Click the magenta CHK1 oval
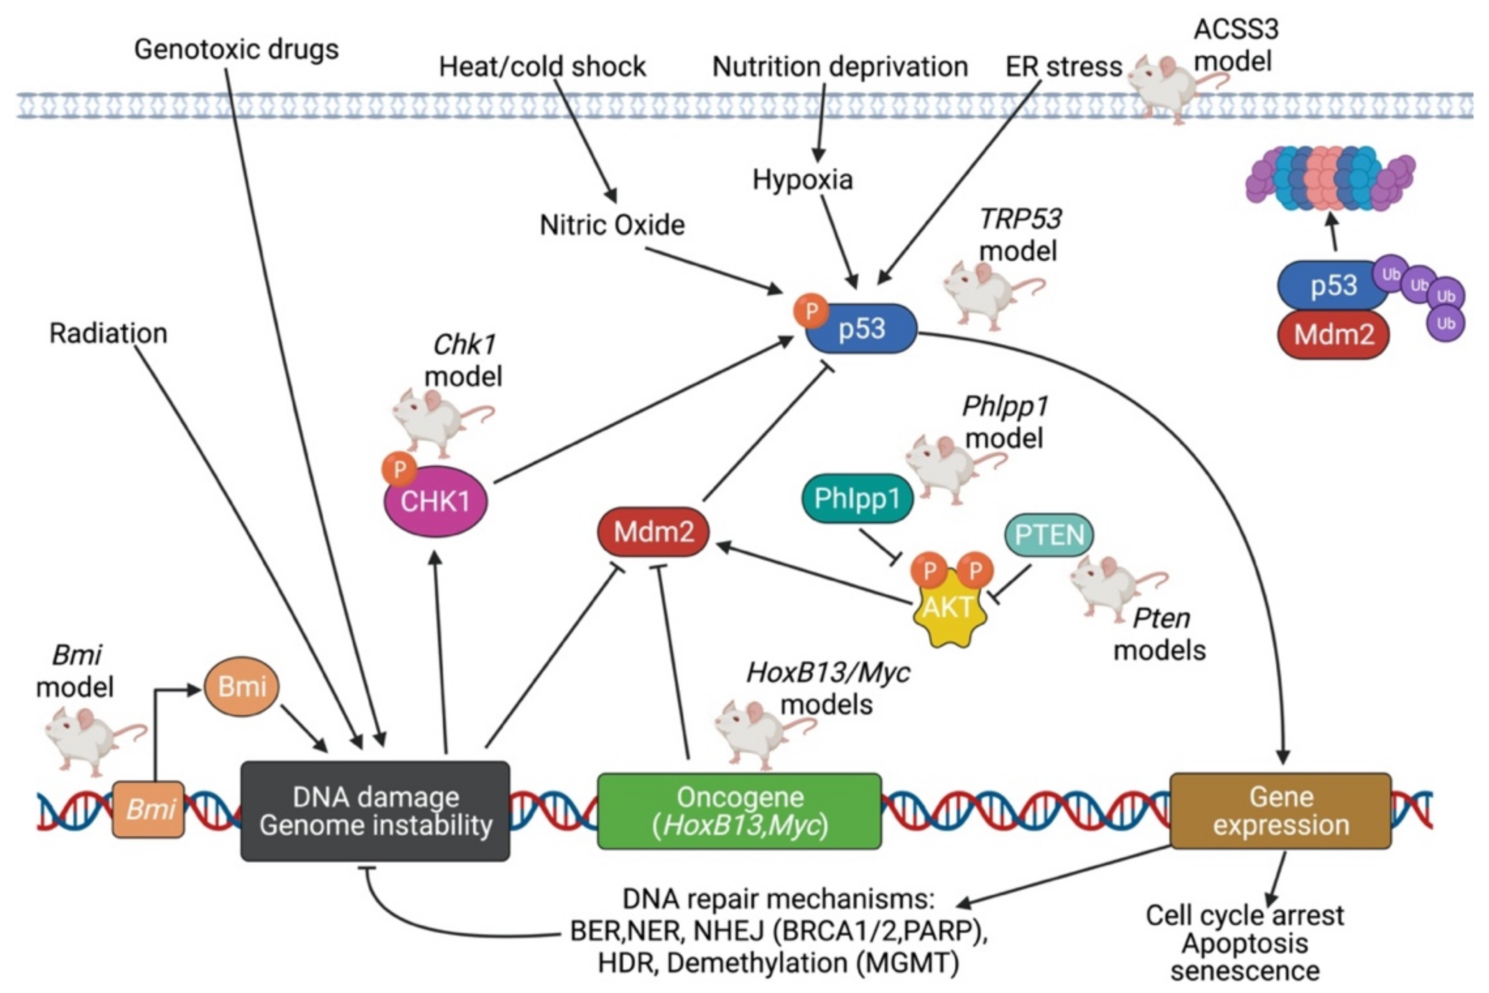point(436,502)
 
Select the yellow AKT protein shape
point(949,608)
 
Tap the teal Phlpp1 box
point(857,499)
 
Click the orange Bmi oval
point(241,686)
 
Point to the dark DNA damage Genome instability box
point(375,811)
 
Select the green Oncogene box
point(739,811)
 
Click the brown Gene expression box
point(1280,811)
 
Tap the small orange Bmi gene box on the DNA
point(149,810)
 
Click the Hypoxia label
point(802,180)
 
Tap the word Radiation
point(108,333)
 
